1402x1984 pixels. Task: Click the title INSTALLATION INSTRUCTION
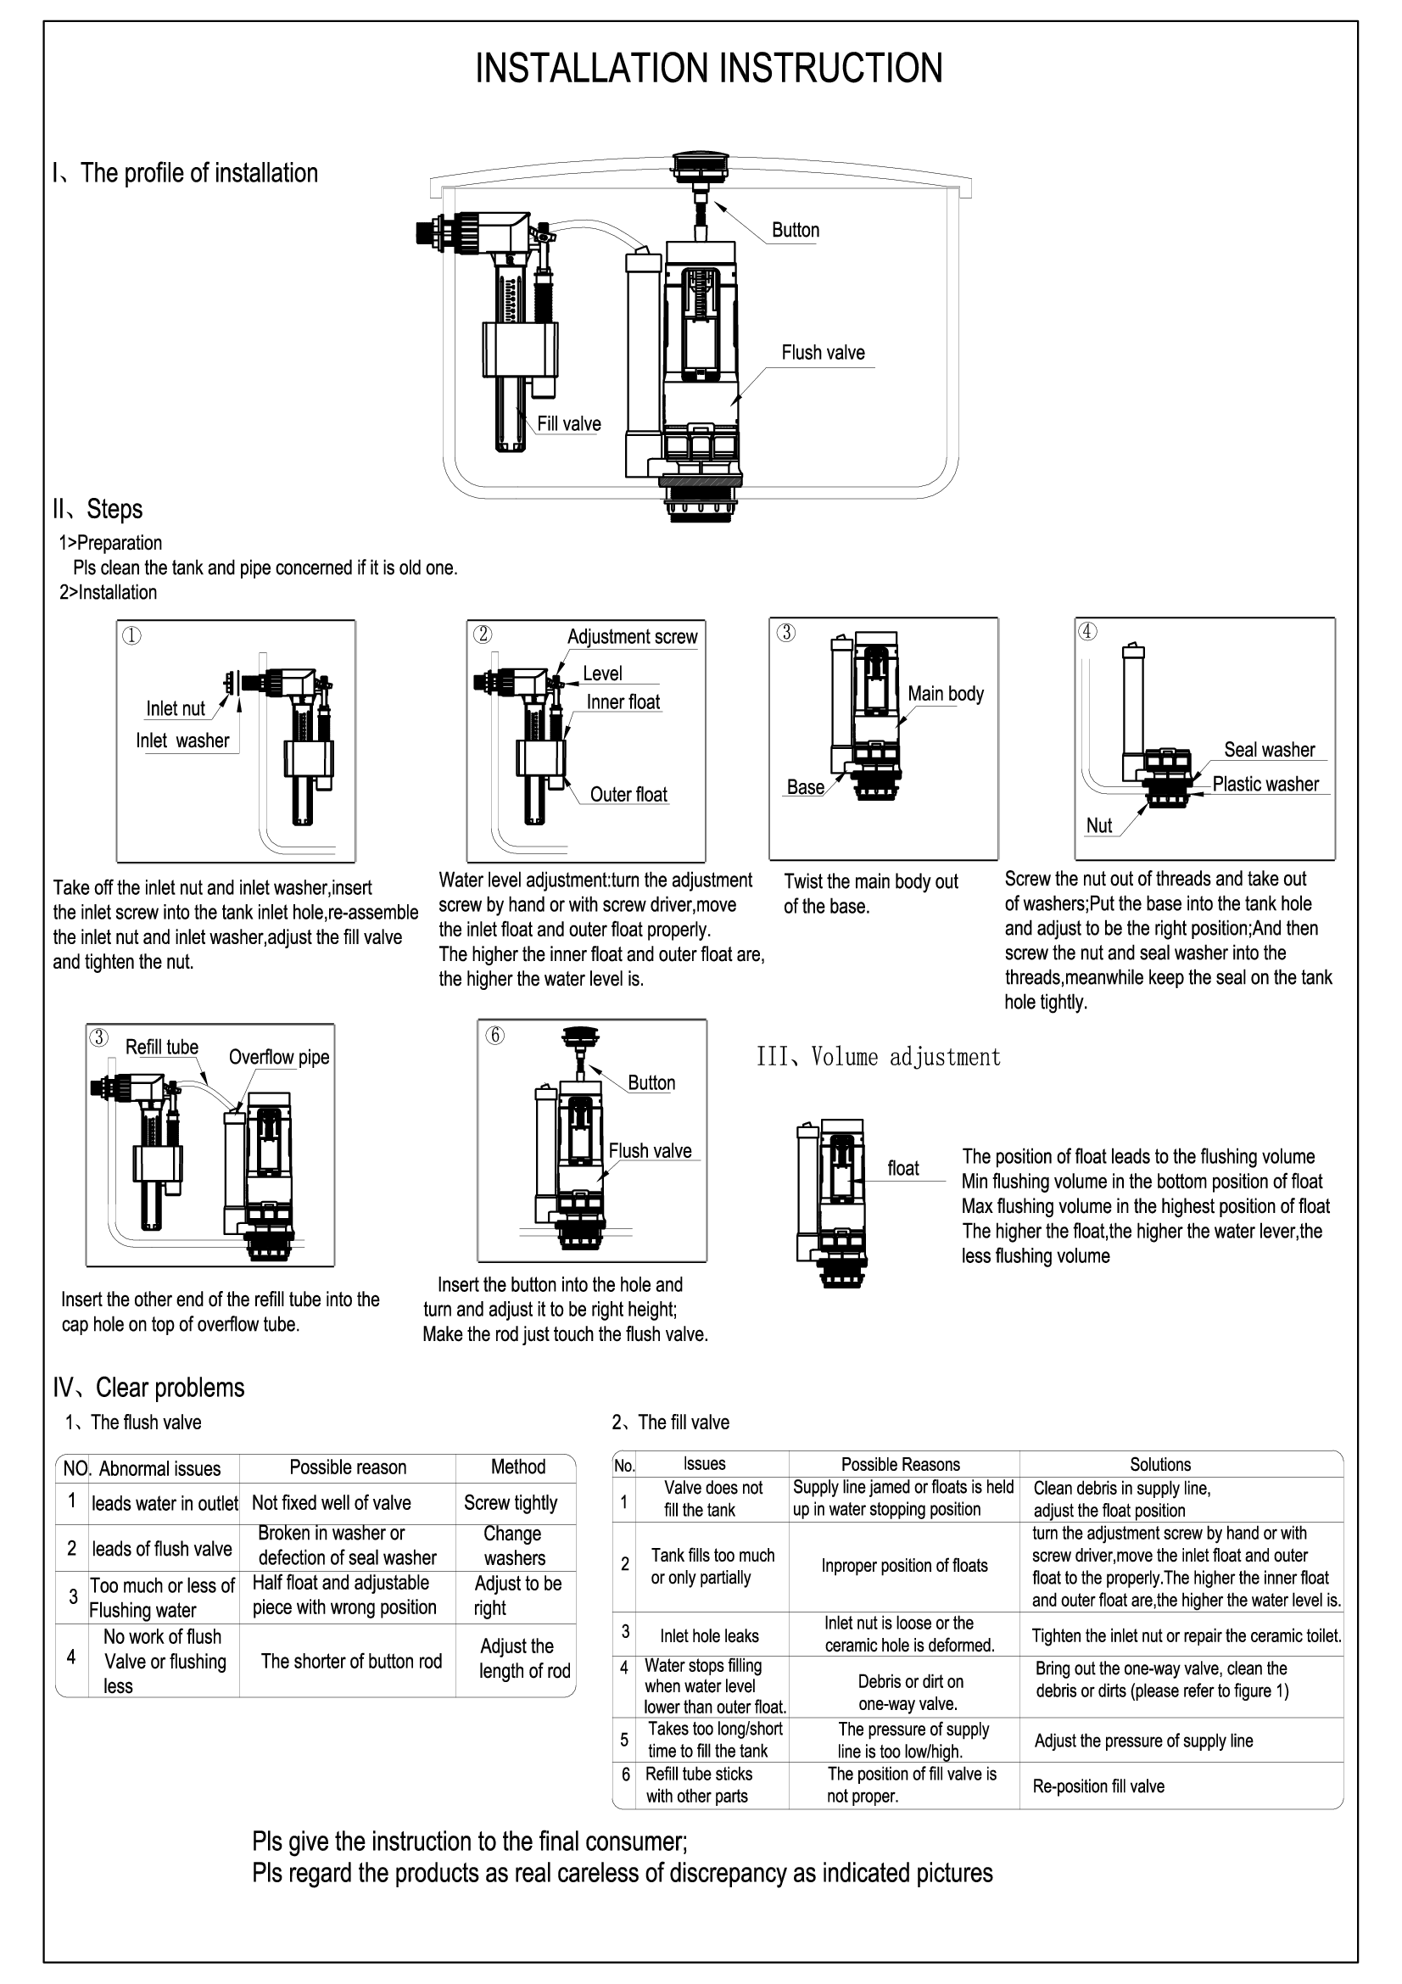[x=709, y=69]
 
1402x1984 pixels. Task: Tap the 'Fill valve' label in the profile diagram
[x=568, y=423]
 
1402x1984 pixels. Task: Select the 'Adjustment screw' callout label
[x=632, y=637]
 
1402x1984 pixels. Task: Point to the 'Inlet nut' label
[x=176, y=708]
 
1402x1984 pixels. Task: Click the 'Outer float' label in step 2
[x=628, y=794]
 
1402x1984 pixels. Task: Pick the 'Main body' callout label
[x=945, y=694]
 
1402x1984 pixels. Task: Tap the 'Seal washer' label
[x=1268, y=749]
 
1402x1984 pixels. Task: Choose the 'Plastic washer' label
[x=1265, y=784]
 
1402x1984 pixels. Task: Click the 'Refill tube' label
[x=161, y=1048]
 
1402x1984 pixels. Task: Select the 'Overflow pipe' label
[x=278, y=1057]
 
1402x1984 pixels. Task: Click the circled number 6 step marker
[x=495, y=1035]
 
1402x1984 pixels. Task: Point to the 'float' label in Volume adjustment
[x=902, y=1168]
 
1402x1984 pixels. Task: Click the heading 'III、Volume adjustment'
[x=879, y=1057]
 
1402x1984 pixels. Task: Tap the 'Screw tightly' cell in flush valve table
[x=511, y=1503]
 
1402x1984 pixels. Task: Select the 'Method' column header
[x=517, y=1467]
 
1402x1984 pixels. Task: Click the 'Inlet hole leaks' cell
[x=709, y=1635]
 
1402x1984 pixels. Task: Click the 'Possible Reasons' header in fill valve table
[x=900, y=1464]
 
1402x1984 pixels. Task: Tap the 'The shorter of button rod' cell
[x=351, y=1661]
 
